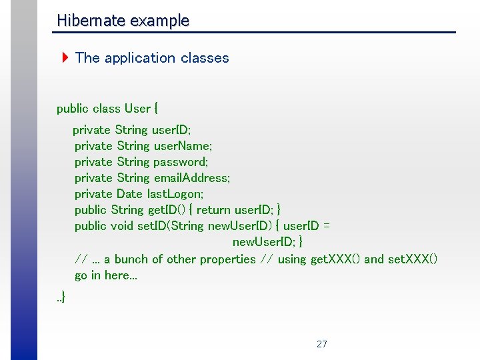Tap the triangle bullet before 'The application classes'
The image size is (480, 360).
(x=65, y=58)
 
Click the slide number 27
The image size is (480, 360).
(x=322, y=344)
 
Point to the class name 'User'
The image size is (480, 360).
(x=137, y=109)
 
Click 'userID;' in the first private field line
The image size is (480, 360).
(x=171, y=129)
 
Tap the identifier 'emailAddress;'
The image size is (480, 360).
(x=192, y=178)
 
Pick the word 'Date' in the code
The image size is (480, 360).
(x=129, y=194)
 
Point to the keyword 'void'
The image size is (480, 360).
(x=122, y=226)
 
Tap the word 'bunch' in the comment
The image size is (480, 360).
(x=131, y=259)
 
